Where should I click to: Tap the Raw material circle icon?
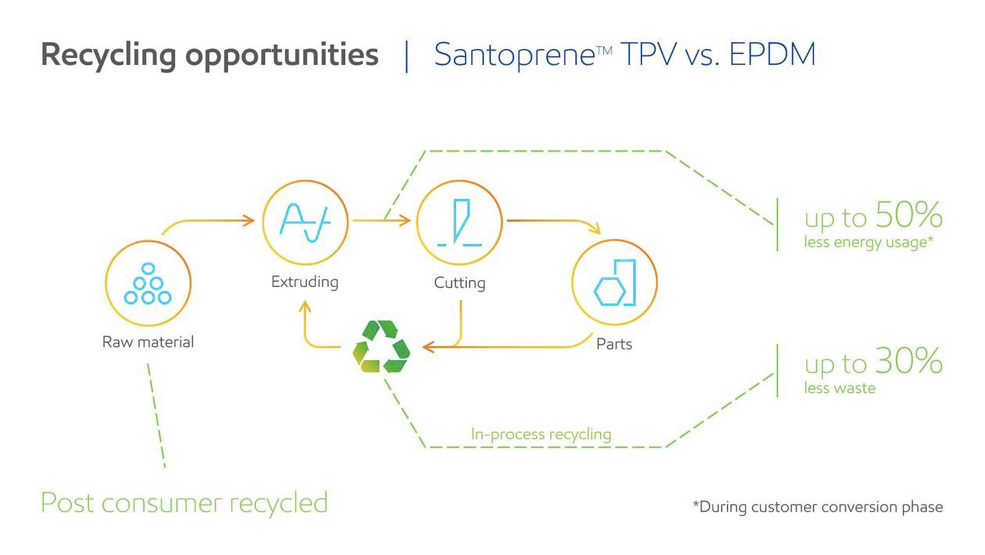[148, 283]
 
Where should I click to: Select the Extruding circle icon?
[305, 223]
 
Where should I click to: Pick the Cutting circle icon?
[460, 223]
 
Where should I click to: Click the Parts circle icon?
[614, 282]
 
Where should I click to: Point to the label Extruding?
[305, 282]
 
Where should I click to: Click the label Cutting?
[460, 283]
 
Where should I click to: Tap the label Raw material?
[148, 342]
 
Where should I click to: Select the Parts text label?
[614, 344]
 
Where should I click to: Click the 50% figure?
[909, 215]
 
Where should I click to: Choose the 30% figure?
[909, 361]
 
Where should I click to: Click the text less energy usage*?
[868, 243]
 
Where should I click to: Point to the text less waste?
[840, 388]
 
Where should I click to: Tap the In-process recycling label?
[541, 434]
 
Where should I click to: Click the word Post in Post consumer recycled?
[67, 503]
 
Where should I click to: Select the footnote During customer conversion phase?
[818, 507]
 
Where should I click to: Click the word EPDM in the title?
[772, 54]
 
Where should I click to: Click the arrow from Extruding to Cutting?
[382, 220]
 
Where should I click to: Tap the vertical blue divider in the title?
[406, 56]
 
